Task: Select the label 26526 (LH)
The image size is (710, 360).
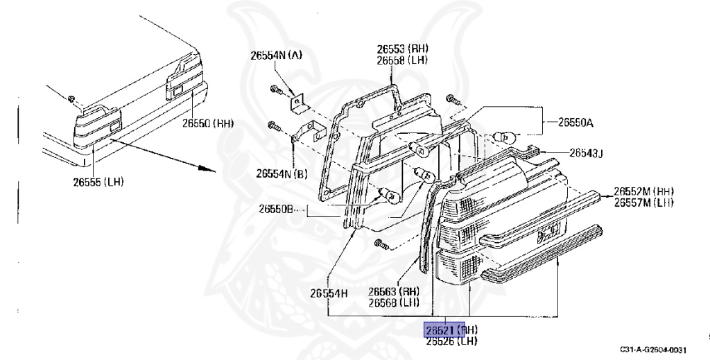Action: coord(451,341)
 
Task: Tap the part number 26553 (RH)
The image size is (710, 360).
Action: coord(402,49)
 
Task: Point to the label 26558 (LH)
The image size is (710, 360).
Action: coord(402,61)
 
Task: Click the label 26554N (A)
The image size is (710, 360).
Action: coord(276,55)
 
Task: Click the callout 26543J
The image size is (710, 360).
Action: coord(586,153)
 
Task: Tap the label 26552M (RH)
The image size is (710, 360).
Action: coord(643,191)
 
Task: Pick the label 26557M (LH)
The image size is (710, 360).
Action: coord(643,203)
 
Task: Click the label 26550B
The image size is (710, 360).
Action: coord(277,208)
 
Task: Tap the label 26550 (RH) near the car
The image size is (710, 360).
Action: coord(208,124)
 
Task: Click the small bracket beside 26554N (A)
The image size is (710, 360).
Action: coord(297,103)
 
